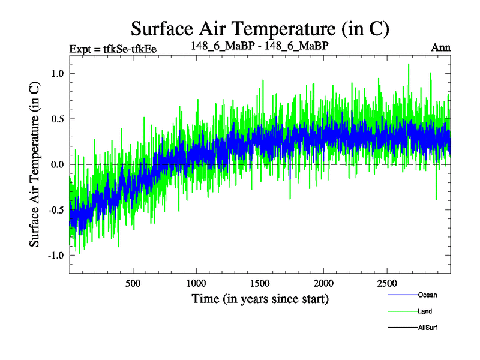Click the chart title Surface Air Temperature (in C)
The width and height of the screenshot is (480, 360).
260,28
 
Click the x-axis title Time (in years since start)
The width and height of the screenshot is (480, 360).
260,298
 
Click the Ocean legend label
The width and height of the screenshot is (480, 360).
428,295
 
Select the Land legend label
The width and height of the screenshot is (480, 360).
425,311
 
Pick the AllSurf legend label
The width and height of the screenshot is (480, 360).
428,328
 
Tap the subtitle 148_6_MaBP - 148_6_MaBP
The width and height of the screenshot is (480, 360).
259,46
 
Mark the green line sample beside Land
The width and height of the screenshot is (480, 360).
401,311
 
